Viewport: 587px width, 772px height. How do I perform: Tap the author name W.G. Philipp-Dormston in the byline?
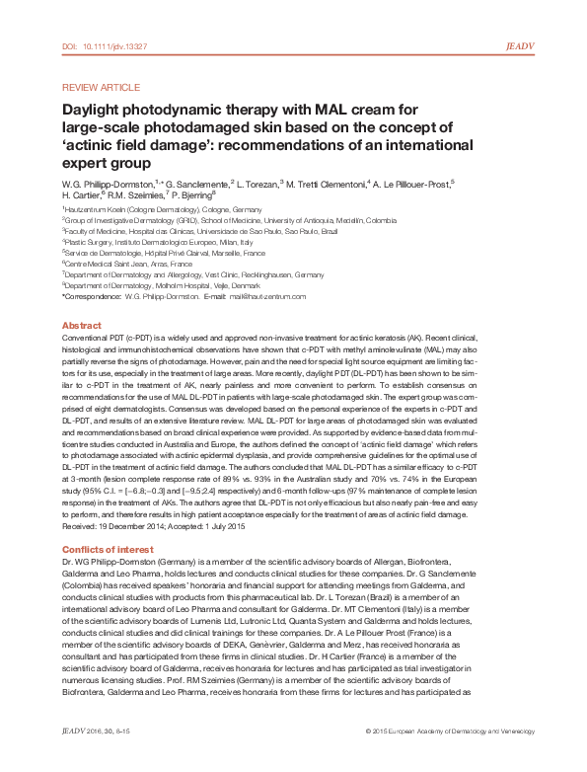pos(106,184)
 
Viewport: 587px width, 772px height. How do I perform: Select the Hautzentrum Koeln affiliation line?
pos(163,210)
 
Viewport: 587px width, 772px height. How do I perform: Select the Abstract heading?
pos(81,325)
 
